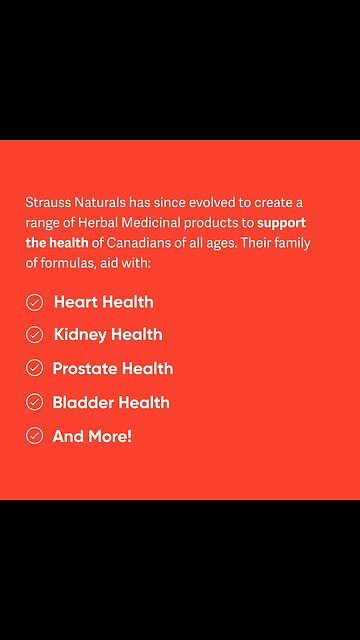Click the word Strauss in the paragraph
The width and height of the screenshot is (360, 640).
tap(46, 202)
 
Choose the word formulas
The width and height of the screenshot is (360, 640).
tap(67, 263)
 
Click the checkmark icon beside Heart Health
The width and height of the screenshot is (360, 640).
tap(35, 302)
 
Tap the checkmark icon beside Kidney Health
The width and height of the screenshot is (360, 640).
tap(35, 335)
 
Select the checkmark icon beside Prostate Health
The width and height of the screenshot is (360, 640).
tap(35, 369)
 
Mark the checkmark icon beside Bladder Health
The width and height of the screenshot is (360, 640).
tap(35, 403)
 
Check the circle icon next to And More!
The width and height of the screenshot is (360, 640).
tap(35, 436)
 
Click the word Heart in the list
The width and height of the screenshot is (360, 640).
tap(76, 302)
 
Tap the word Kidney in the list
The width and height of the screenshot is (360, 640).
tap(80, 335)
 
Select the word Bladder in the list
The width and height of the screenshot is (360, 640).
tap(84, 403)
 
